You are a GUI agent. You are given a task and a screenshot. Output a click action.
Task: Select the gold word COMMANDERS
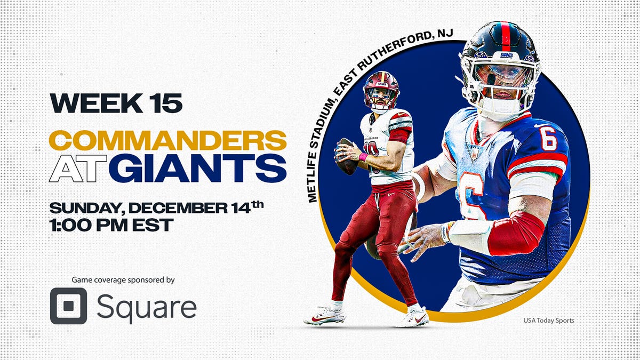167,141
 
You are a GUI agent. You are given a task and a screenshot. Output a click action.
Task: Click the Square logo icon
68,306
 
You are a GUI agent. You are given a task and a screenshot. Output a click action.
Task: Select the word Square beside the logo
146,307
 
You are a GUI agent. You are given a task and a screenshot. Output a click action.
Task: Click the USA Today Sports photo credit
548,321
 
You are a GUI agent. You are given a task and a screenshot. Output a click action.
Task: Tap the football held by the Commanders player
346,156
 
